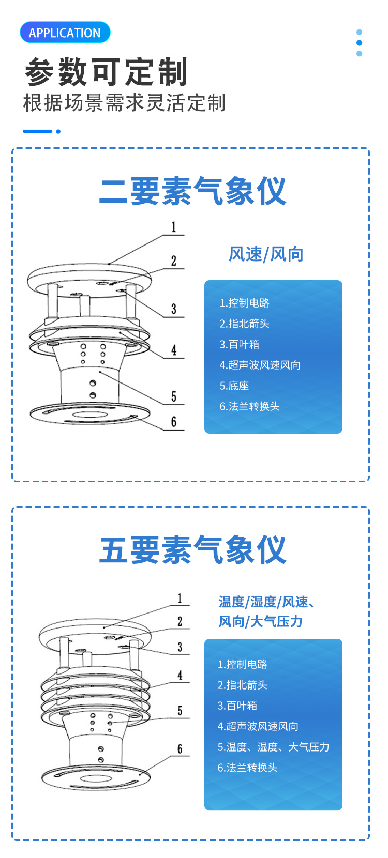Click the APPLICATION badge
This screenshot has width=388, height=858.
coord(65,32)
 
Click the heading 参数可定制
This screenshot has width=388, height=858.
coord(106,72)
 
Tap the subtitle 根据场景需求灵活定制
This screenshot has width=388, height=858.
coord(124,103)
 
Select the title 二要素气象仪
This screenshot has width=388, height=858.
coord(193,191)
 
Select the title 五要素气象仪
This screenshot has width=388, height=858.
coord(193,549)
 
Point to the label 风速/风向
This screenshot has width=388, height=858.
coord(266,254)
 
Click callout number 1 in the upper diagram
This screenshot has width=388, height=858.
coord(174,227)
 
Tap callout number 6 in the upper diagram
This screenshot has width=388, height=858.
coord(174,422)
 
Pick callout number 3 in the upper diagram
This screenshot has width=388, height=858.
coord(174,309)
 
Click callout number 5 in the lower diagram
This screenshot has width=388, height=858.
coord(180,711)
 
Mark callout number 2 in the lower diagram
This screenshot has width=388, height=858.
coord(180,621)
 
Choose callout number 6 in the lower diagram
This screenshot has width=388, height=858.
coord(180,749)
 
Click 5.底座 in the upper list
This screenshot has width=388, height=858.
coord(234,386)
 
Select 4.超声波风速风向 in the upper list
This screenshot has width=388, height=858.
coord(260,365)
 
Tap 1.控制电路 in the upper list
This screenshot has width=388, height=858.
coord(244,303)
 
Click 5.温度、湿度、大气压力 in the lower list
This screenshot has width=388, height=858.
coord(273,747)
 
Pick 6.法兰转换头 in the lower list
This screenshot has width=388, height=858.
coord(247,768)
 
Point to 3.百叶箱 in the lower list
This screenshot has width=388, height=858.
coord(237,706)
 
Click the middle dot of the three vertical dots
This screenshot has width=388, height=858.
coord(359,43)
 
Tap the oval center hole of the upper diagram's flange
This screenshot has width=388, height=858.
coord(89,415)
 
